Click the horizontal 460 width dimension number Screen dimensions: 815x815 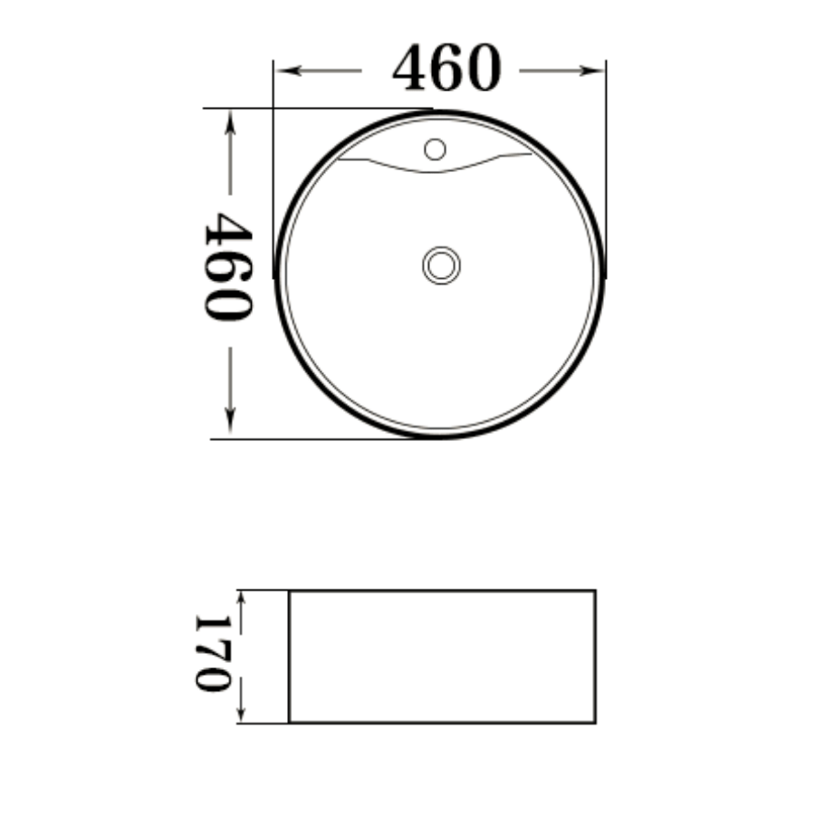tap(446, 70)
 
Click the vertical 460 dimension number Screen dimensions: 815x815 tap(227, 268)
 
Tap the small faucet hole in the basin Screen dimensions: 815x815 tap(435, 149)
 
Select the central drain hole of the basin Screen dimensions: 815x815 tap(441, 265)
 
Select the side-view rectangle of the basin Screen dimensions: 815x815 tap(442, 657)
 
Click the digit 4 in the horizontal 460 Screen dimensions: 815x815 tap(411, 70)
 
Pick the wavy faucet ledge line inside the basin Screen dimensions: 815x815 tap(435, 167)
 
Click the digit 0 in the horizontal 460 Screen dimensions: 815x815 tap(481, 70)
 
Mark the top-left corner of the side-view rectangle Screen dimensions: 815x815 tap(289, 591)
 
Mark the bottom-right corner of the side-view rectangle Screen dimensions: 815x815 tap(595, 722)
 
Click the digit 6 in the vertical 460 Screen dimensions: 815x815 tap(227, 268)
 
